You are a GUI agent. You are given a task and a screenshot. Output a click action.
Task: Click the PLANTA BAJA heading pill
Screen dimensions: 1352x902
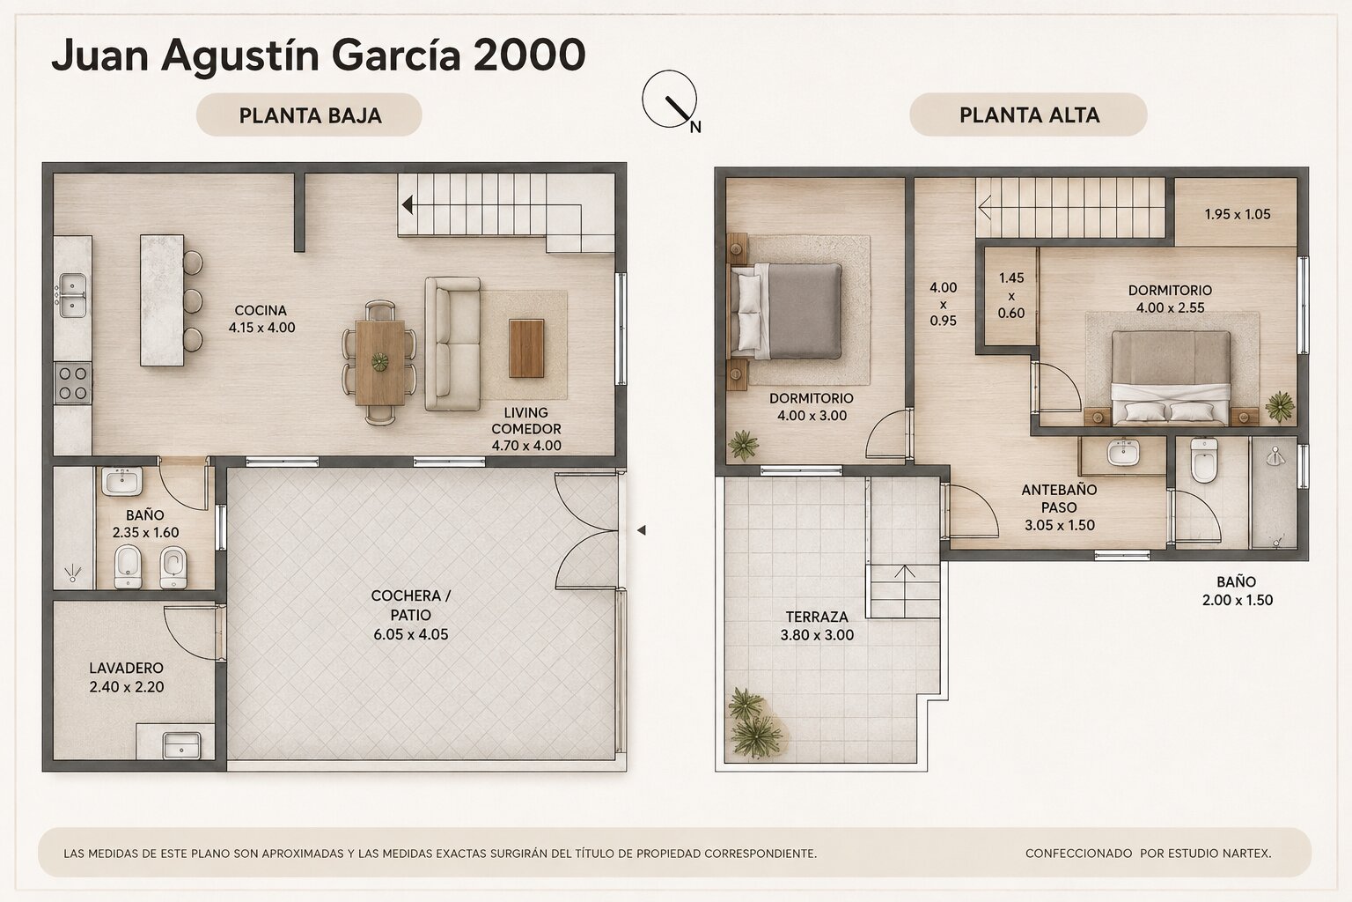pyautogui.click(x=308, y=115)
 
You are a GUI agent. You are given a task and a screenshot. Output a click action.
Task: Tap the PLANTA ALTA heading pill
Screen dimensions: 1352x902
pyautogui.click(x=1028, y=115)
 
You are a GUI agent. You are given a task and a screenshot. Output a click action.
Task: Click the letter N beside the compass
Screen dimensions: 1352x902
pyautogui.click(x=695, y=127)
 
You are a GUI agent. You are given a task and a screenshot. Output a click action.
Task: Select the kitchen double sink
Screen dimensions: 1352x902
pyautogui.click(x=72, y=295)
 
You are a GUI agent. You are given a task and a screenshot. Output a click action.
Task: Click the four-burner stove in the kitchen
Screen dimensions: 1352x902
pyautogui.click(x=73, y=383)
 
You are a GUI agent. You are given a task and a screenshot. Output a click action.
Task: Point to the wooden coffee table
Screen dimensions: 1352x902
pyautogui.click(x=526, y=349)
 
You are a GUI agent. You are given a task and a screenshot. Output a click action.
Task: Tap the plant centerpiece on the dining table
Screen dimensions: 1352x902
pyautogui.click(x=379, y=360)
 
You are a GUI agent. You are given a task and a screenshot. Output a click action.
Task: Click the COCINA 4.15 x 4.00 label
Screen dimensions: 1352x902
pyautogui.click(x=261, y=319)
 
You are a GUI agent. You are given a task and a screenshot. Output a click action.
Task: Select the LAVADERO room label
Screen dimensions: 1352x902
pyautogui.click(x=126, y=668)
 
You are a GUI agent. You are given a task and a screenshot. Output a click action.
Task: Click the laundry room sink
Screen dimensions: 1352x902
pyautogui.click(x=181, y=745)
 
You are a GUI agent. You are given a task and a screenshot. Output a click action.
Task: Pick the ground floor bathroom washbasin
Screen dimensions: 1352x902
pyautogui.click(x=122, y=482)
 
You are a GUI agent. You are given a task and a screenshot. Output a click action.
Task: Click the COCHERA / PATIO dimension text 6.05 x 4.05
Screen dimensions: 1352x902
pyautogui.click(x=410, y=634)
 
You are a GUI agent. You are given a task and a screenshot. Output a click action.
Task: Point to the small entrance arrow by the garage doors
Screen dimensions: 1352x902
pyautogui.click(x=642, y=530)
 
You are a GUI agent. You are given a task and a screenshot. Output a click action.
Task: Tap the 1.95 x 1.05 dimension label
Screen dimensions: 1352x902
pyautogui.click(x=1238, y=214)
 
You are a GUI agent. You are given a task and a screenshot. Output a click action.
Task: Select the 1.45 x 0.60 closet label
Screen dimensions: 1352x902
pyautogui.click(x=1011, y=295)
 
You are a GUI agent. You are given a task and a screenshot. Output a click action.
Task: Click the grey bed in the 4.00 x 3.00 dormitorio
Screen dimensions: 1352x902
pyautogui.click(x=786, y=311)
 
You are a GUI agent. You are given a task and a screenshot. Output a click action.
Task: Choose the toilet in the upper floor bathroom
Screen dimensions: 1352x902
pyautogui.click(x=1203, y=461)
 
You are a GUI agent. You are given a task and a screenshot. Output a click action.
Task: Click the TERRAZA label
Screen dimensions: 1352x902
pyautogui.click(x=817, y=617)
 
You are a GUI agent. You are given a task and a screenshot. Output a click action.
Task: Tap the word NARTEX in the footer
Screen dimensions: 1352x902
pyautogui.click(x=1249, y=854)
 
